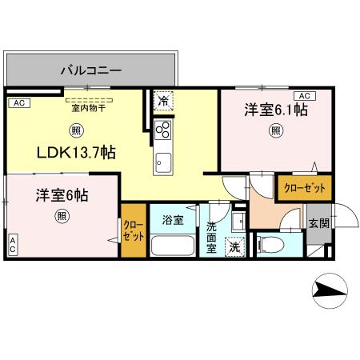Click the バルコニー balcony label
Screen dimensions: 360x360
[x=91, y=70]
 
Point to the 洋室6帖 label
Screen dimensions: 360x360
[x=61, y=195]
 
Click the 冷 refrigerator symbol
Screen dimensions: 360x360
[x=162, y=101]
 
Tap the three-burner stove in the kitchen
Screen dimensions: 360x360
[x=162, y=130]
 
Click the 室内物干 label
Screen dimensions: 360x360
[x=87, y=109]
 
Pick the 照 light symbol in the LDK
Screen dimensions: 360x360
[x=75, y=131]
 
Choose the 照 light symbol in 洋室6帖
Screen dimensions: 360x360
[x=61, y=216]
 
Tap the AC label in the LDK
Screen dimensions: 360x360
[x=18, y=103]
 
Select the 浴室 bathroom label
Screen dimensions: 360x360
[x=173, y=218]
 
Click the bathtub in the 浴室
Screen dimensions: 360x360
[x=174, y=244]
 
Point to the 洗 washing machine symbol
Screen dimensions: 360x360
[x=234, y=247]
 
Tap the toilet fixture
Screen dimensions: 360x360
[x=270, y=242]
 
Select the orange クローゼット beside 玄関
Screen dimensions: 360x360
[x=302, y=188]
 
